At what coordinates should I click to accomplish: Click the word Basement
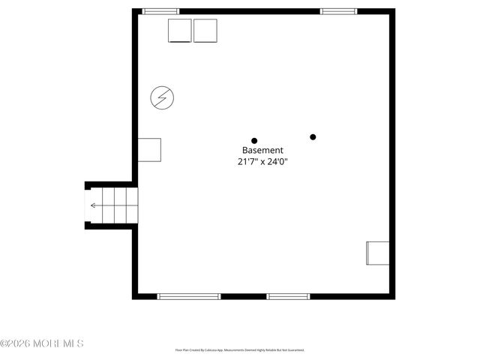click(x=262, y=150)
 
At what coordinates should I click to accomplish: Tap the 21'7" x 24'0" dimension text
click(x=262, y=160)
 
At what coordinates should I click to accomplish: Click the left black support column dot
click(x=254, y=140)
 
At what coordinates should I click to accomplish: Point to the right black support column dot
click(x=313, y=136)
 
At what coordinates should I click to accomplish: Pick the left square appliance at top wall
click(x=179, y=31)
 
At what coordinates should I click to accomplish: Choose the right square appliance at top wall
click(x=205, y=31)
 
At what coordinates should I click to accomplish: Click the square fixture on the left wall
click(x=149, y=150)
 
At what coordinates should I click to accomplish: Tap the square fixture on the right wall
click(x=376, y=253)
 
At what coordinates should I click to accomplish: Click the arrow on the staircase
click(x=94, y=205)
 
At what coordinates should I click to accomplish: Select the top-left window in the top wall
click(x=161, y=11)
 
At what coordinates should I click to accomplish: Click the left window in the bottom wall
click(x=189, y=296)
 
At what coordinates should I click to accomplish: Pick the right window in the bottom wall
click(x=289, y=296)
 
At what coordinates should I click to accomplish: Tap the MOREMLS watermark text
click(x=57, y=343)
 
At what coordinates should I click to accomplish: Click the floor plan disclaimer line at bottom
click(x=240, y=350)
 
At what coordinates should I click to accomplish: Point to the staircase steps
click(x=114, y=205)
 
